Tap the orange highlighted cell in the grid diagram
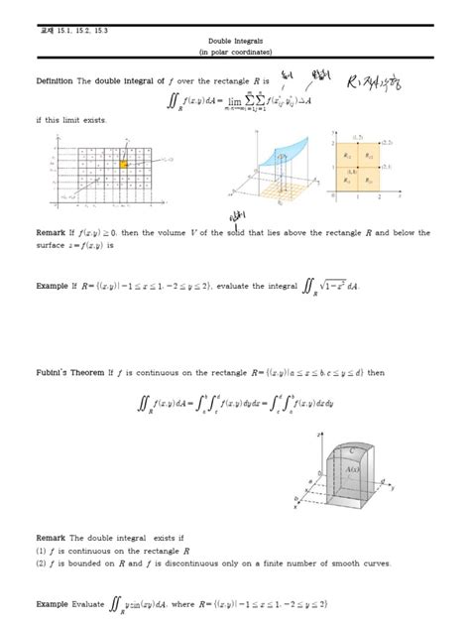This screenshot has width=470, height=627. pyautogui.click(x=125, y=164)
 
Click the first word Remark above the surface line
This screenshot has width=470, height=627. pyautogui.click(x=52, y=233)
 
